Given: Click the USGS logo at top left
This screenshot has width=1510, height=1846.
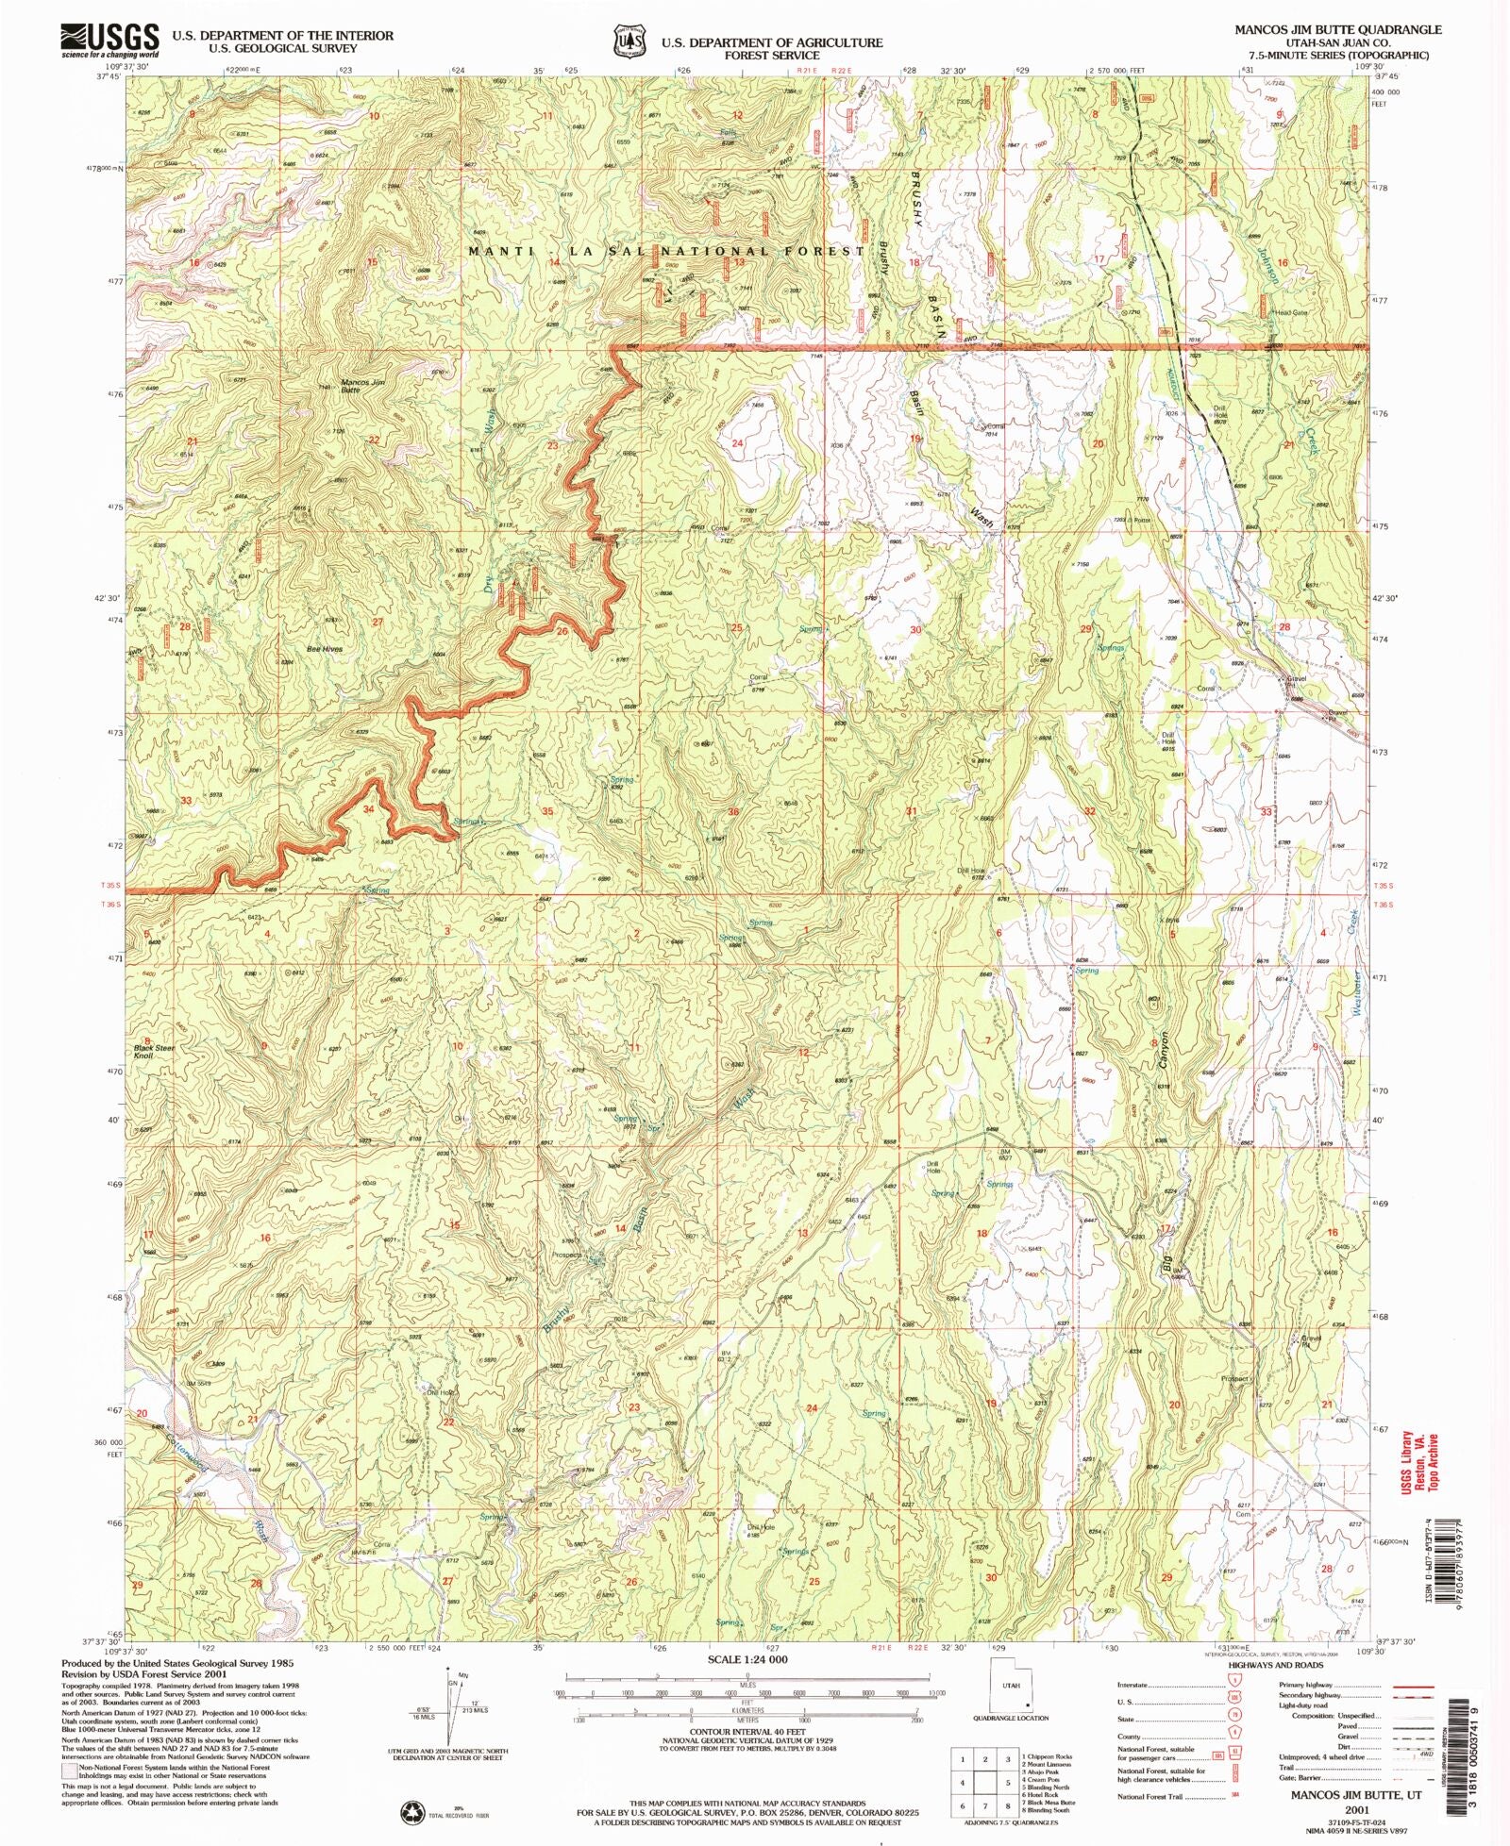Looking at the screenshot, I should click(109, 41).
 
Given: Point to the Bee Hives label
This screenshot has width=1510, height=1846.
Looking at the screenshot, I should click(324, 649).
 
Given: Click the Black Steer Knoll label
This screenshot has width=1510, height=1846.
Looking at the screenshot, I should click(154, 1052).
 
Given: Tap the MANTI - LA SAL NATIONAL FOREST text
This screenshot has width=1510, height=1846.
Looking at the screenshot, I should click(666, 251).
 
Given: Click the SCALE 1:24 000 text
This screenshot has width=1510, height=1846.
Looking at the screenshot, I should click(746, 1658).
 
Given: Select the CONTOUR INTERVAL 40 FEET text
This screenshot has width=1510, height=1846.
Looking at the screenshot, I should click(747, 1732).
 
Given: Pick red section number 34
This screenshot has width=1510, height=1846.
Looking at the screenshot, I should click(369, 809).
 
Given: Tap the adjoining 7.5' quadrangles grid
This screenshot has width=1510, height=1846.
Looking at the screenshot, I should click(984, 1781).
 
